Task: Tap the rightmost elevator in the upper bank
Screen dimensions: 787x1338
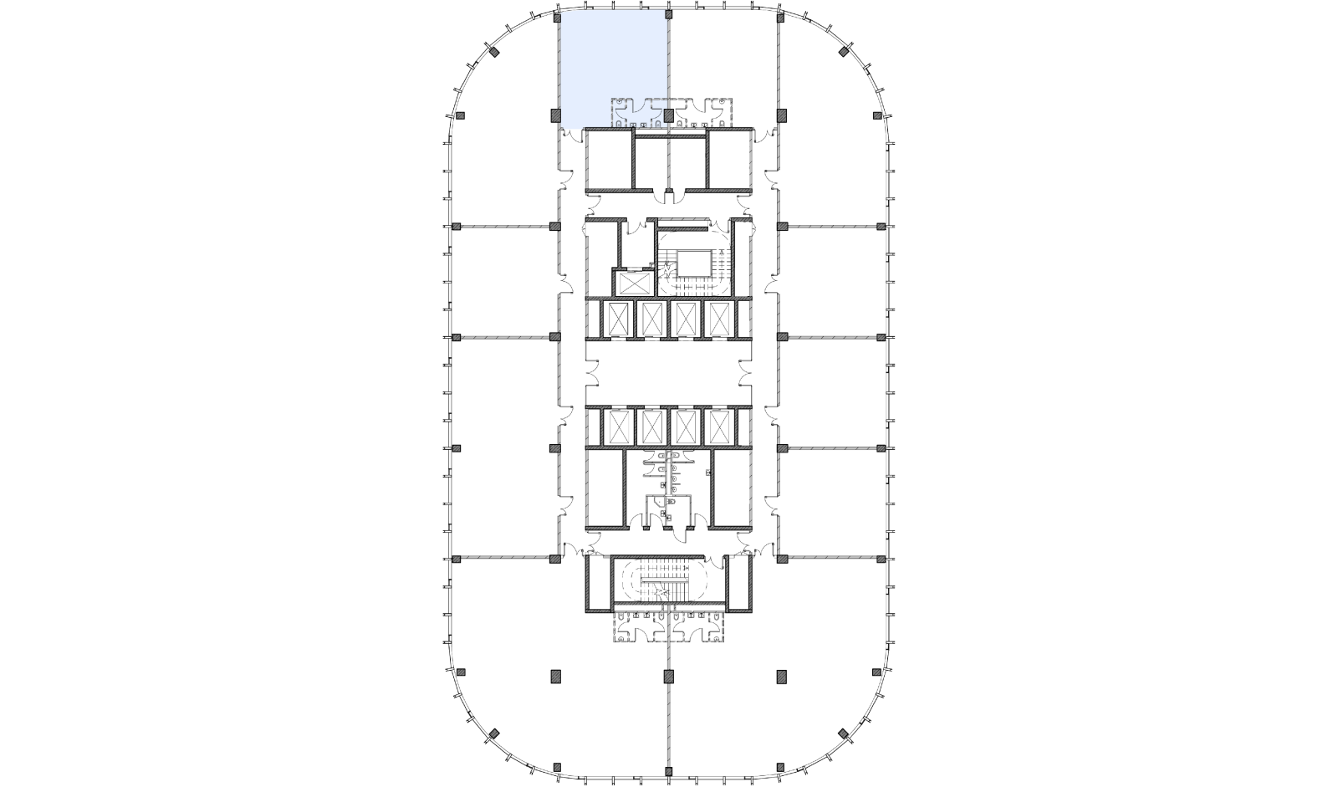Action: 720,319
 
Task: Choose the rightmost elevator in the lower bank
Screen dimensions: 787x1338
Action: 720,427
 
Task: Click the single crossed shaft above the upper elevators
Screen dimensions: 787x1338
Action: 632,282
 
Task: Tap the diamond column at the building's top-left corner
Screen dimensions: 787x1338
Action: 494,54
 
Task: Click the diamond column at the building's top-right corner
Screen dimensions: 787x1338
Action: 843,54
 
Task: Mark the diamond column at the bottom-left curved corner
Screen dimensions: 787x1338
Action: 494,735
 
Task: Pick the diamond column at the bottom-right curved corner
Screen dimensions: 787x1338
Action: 843,735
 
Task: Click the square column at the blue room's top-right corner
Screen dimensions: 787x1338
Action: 668,15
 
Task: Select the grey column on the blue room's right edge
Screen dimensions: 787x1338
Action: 668,115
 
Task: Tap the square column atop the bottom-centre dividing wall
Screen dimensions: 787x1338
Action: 668,676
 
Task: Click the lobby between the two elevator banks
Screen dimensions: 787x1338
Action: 668,374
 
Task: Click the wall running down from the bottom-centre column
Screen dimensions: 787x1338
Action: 668,728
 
